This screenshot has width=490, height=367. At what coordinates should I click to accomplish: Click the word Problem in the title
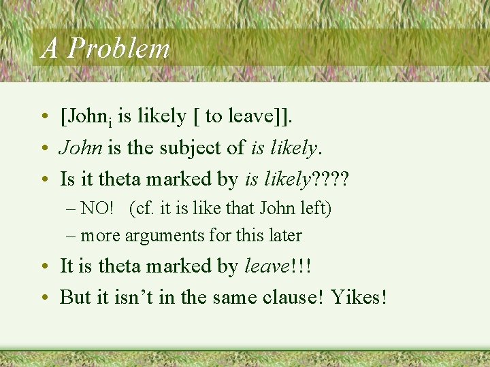pyautogui.click(x=119, y=49)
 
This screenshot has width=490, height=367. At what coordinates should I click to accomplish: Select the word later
pyautogui.click(x=285, y=235)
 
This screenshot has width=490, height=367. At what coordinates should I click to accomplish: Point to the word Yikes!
pyautogui.click(x=359, y=297)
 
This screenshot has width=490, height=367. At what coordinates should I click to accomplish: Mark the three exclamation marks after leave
pyautogui.click(x=301, y=266)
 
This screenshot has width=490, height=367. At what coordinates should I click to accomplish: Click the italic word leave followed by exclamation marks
pyautogui.click(x=267, y=266)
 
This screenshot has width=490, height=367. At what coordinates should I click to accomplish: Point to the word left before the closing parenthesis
pyautogui.click(x=312, y=208)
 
